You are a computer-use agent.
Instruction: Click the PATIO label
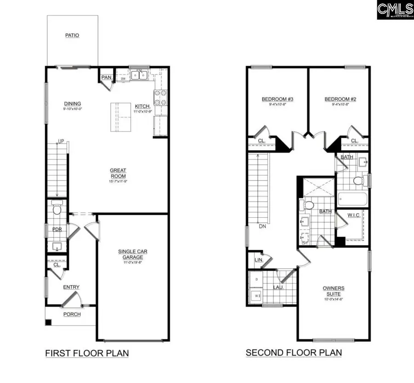[x=72, y=35]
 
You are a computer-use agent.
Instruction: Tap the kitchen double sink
[x=138, y=75]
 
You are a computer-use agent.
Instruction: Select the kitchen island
[x=120, y=117]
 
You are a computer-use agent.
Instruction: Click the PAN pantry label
[x=106, y=77]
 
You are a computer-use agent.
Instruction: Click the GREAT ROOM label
[x=118, y=173]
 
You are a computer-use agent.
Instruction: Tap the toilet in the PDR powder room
[x=57, y=209]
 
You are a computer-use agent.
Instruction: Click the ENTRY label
[x=71, y=287]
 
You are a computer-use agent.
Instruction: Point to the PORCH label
[x=72, y=314]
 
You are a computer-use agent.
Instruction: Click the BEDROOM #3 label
[x=277, y=99]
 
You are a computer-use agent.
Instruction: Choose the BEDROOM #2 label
[x=340, y=99]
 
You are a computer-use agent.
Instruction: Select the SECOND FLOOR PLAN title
[x=294, y=353]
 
